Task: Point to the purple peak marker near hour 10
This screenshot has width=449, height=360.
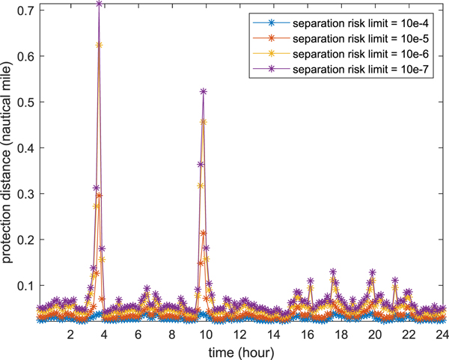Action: pyautogui.click(x=204, y=91)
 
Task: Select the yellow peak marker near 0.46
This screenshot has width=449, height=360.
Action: pyautogui.click(x=204, y=121)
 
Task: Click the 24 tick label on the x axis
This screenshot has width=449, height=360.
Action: pyautogui.click(x=442, y=335)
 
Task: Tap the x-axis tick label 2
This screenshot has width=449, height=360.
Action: pyautogui.click(x=70, y=335)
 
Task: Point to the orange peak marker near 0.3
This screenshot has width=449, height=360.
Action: pyautogui.click(x=100, y=195)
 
